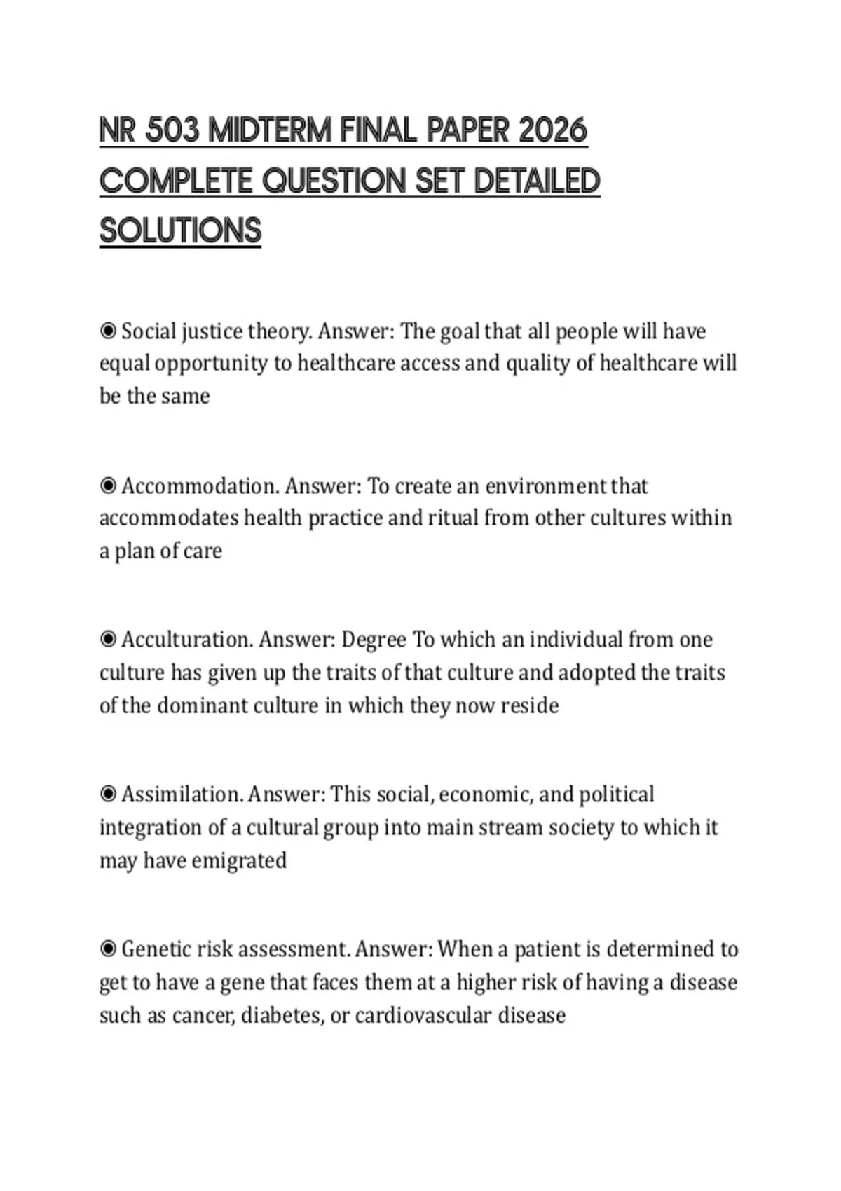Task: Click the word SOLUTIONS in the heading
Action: click(180, 230)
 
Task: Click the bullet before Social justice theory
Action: click(108, 331)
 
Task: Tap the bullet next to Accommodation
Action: click(108, 486)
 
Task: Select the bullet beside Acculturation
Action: click(108, 640)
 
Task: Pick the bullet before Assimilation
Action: click(108, 794)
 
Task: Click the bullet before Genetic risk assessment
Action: click(108, 949)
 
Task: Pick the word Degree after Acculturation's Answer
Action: click(374, 640)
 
